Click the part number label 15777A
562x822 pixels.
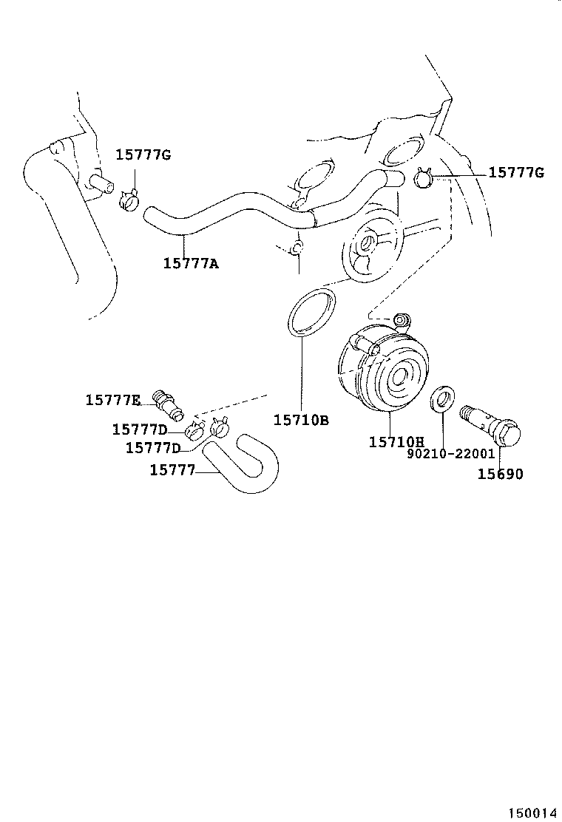[191, 262]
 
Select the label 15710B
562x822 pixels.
[301, 420]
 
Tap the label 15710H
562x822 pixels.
[396, 441]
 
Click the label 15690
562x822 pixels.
[499, 474]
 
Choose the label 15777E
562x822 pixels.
[112, 400]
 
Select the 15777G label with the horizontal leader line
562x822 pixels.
[516, 173]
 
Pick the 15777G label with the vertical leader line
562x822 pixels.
[143, 154]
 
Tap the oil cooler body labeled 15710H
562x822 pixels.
[377, 370]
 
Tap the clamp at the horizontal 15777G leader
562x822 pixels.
[424, 178]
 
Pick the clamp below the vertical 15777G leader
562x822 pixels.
[129, 200]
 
